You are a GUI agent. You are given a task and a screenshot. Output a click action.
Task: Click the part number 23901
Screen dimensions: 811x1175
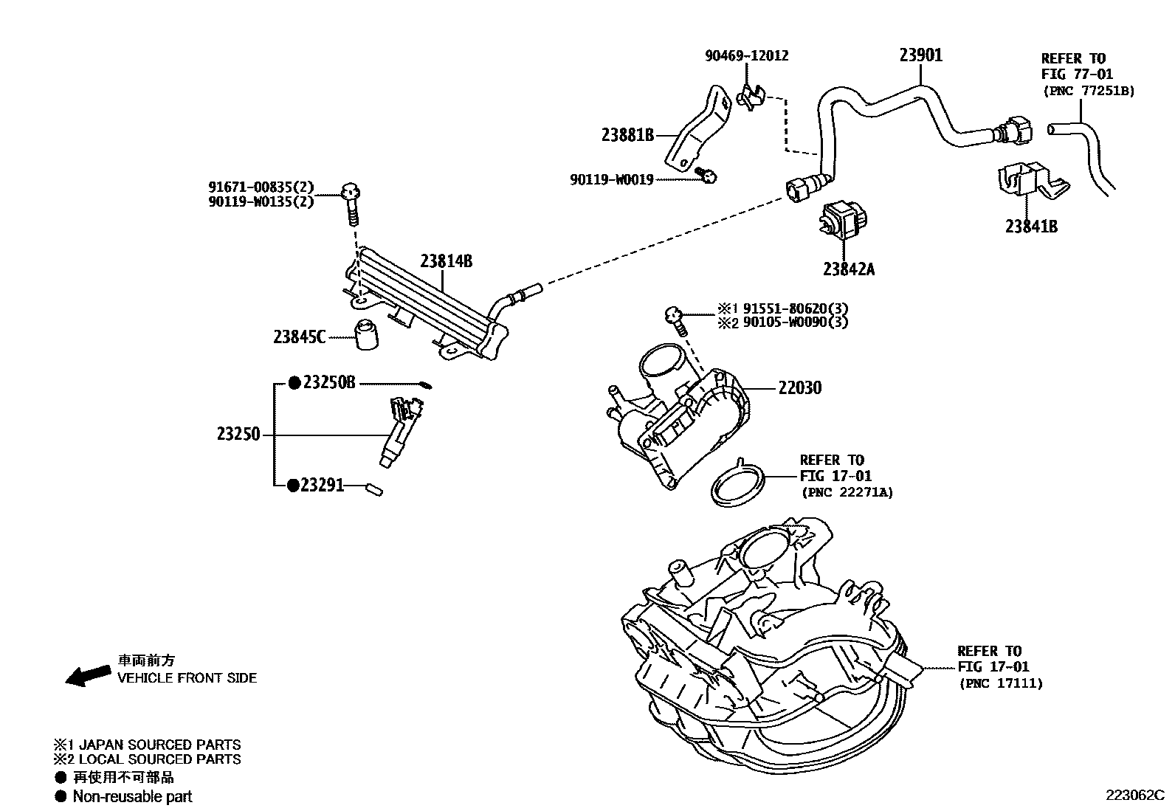[x=920, y=55]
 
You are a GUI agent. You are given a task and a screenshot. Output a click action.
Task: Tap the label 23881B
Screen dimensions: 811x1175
[x=627, y=135]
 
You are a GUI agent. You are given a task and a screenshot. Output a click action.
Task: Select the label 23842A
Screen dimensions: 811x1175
[x=848, y=269]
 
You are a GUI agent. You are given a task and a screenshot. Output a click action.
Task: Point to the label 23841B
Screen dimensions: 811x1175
[x=1030, y=227]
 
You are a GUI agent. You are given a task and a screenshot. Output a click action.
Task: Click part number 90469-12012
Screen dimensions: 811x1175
[x=746, y=55]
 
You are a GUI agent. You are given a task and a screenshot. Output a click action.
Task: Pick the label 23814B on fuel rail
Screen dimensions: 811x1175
[x=446, y=260]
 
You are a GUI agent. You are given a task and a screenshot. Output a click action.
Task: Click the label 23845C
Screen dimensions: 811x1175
[x=299, y=337]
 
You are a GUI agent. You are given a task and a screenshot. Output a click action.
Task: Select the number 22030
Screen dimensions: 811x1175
[x=799, y=388]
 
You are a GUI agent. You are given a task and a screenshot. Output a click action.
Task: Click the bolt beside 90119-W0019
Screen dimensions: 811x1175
[x=707, y=176]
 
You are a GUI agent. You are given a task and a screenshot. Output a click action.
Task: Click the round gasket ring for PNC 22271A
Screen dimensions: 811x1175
[x=736, y=485]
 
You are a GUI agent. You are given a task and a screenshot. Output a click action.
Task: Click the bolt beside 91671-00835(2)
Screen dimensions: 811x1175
[x=352, y=204]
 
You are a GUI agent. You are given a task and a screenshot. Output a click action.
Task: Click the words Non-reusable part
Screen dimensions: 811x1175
[x=132, y=796]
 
